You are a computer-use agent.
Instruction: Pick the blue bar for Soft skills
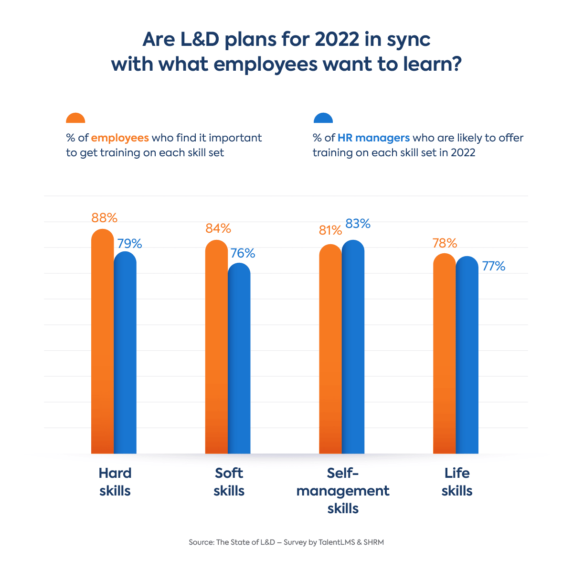[239, 358]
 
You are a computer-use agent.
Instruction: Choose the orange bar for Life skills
[444, 354]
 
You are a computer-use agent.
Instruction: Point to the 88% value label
[104, 218]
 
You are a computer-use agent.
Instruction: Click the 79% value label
[129, 244]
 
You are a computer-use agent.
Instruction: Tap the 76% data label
[243, 253]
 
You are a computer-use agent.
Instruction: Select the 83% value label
[358, 224]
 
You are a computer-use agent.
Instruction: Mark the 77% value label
[493, 266]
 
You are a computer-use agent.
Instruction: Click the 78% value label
[445, 243]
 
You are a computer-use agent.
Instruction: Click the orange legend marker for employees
[75, 119]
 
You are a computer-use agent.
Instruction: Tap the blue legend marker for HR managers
[323, 119]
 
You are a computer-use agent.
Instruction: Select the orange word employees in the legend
[120, 138]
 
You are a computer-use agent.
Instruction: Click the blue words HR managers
[373, 138]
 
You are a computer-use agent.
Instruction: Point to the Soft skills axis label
[229, 482]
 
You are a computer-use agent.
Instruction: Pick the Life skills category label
[457, 482]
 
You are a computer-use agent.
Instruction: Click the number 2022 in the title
[336, 40]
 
